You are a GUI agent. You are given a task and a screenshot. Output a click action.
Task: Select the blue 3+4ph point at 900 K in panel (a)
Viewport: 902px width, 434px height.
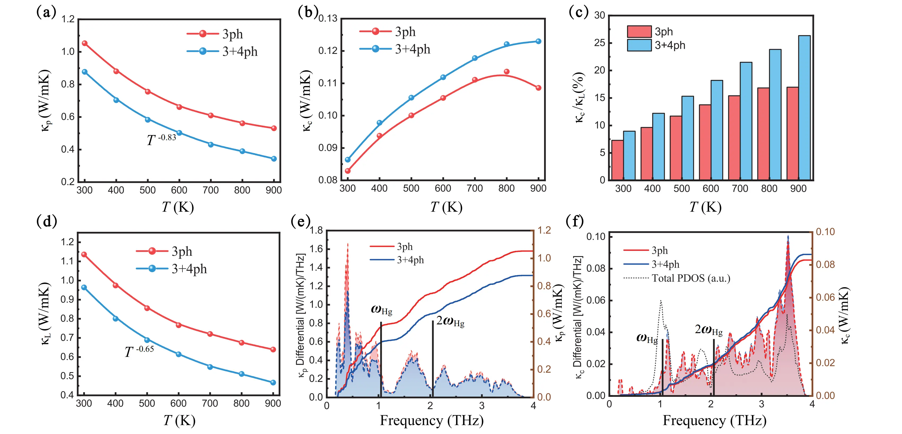274,159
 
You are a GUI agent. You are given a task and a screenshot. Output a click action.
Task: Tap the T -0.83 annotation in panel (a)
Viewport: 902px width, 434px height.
161,139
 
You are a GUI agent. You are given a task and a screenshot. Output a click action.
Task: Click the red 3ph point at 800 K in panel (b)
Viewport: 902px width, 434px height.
507,71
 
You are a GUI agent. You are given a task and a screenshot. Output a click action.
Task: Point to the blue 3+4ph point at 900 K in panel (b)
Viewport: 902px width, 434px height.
538,41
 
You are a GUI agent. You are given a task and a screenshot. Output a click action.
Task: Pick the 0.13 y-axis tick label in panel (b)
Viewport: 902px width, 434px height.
328,18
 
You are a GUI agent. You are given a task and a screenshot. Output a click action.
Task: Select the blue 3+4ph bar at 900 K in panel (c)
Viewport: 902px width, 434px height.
804,108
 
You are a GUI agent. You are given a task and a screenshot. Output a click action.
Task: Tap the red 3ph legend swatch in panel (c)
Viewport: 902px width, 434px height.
639,32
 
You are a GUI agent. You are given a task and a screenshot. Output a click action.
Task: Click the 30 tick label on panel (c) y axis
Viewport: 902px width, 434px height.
599,15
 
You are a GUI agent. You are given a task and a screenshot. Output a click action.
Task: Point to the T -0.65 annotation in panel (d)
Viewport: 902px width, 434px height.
139,351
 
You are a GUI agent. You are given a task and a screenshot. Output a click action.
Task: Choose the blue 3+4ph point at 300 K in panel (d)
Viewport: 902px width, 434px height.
84,287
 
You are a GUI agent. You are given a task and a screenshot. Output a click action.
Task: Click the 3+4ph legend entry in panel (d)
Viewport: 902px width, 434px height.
189,269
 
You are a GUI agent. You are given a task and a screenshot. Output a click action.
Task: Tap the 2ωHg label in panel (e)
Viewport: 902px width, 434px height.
450,321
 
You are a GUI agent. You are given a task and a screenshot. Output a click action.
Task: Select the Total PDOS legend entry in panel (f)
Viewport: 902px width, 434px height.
690,278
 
